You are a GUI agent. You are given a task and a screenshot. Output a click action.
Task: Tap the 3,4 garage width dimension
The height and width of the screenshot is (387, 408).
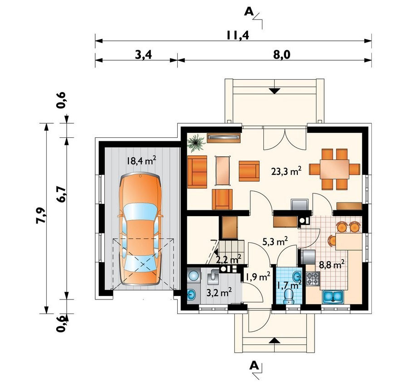click(143, 55)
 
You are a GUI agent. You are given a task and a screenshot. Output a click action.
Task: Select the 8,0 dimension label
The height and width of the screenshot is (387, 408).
click(282, 55)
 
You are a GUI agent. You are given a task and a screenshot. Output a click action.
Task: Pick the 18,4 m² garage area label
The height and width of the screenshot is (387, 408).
click(141, 161)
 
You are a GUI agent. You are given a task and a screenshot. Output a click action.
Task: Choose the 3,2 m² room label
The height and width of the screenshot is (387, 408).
click(219, 293)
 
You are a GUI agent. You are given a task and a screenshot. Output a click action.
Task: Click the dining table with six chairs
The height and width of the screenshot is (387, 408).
click(335, 169)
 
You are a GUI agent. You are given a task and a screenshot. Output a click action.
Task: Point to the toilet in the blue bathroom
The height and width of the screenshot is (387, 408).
click(289, 296)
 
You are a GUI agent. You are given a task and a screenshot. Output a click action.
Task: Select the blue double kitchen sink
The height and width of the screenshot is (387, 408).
click(333, 297)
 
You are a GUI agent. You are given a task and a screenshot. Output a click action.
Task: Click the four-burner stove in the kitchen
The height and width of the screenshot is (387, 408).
click(312, 278)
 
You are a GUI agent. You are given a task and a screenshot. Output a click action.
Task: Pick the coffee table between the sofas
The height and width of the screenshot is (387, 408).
click(223, 170)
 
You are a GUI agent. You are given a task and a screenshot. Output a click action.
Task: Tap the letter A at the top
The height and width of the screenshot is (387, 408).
click(249, 12)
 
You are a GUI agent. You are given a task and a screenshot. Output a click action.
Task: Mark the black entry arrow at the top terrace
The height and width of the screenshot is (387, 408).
click(275, 91)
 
